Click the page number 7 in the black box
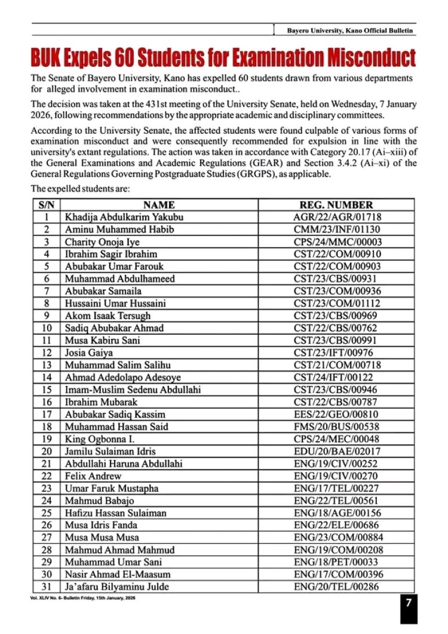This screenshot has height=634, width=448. pos(409,603)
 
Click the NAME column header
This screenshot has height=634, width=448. pos(159,204)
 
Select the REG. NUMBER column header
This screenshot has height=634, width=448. pos(337,204)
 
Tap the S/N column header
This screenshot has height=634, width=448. pos(46,204)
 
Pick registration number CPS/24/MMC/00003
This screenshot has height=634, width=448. pos(337,241)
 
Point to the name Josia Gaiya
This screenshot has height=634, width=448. pos(88,353)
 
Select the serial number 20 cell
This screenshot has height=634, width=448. pos(46,451)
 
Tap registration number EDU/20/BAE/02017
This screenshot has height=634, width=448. pos(337,451)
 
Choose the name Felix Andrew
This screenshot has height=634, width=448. pos(93,476)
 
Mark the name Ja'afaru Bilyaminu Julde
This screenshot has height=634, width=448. pos(113,587)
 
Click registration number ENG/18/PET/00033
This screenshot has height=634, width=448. pos(337,562)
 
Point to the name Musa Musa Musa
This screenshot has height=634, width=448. pos(102,537)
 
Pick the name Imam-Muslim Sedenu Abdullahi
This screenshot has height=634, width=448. pos(133,390)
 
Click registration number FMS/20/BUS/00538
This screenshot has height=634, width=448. pos(337,427)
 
